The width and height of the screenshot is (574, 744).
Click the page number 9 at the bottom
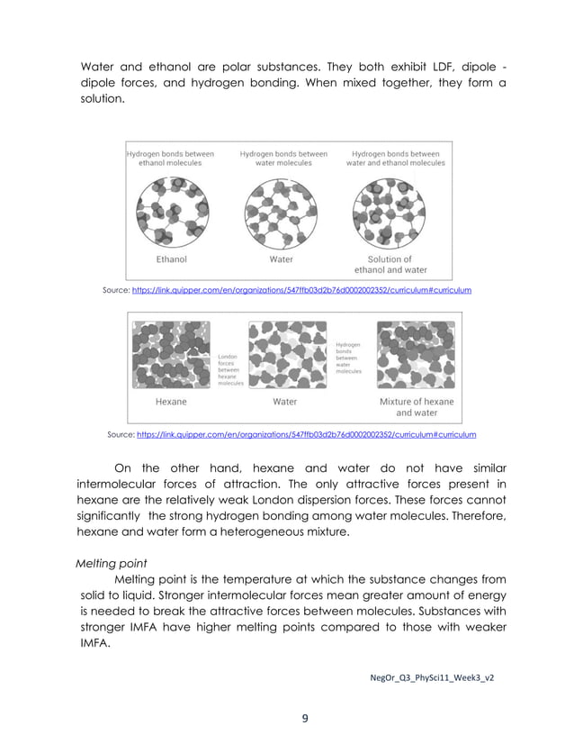pos(304,718)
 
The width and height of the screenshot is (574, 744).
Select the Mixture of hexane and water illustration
pos(416,353)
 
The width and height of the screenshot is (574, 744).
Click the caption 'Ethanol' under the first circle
pos(171,259)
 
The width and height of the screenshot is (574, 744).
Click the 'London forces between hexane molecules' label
pos(230,369)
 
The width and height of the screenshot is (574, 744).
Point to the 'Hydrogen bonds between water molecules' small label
pos(348,358)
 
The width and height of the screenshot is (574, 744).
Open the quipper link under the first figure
pos(300,291)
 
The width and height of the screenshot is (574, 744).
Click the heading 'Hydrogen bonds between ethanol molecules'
pos(170,159)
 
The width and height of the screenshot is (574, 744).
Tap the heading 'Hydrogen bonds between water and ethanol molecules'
pos(395,159)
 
